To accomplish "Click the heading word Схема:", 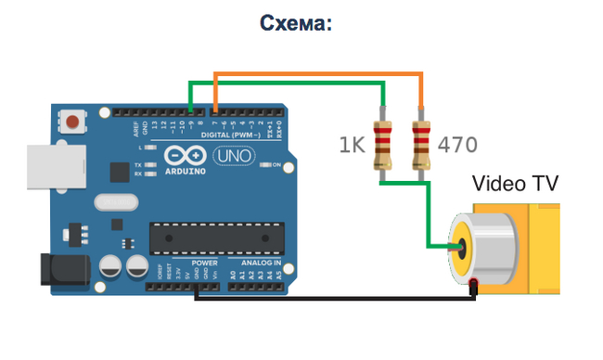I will [x=295, y=23].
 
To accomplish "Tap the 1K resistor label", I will [x=353, y=145].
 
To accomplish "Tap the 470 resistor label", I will [x=457, y=145].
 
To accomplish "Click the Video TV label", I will [x=516, y=184].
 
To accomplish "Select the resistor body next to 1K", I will [x=381, y=144].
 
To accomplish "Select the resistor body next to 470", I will [x=422, y=144].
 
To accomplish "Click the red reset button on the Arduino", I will [x=72, y=121].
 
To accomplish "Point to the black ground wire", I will [x=334, y=299].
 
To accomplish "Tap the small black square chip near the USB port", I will [x=119, y=172].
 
